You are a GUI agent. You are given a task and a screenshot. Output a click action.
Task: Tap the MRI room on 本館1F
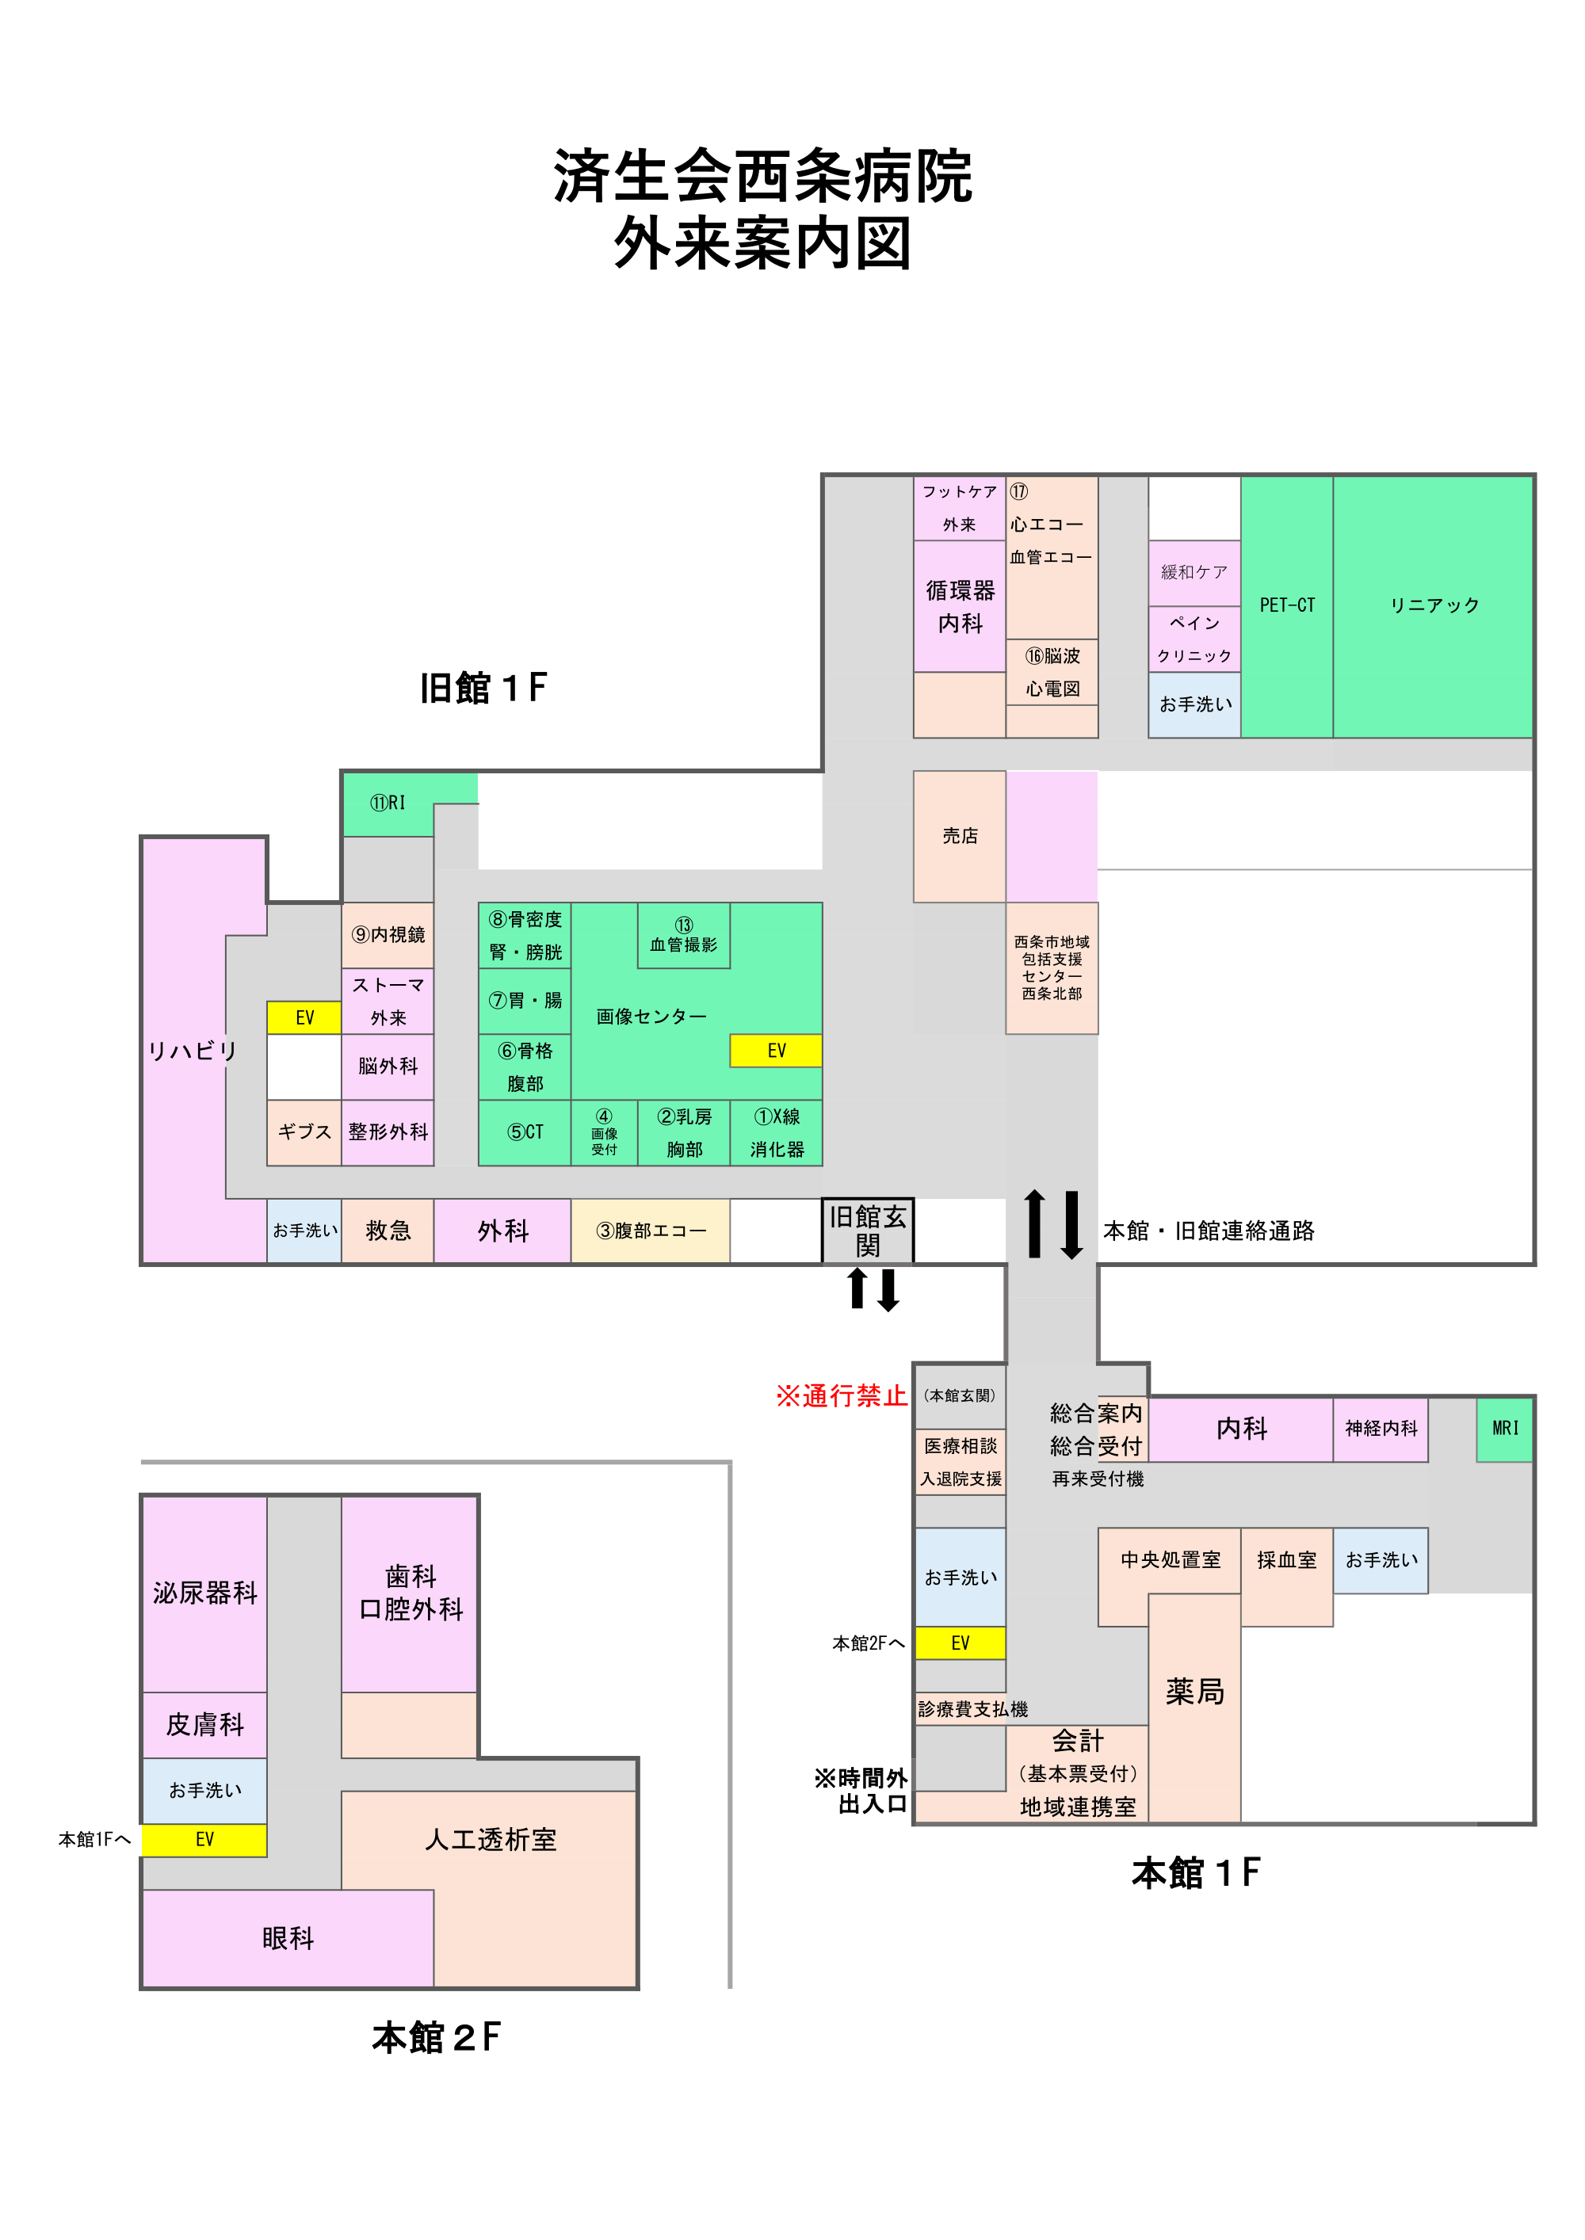coord(1504,1429)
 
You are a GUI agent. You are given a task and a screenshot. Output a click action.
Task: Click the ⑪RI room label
coord(388,803)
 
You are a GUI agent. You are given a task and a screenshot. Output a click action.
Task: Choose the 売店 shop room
coord(960,836)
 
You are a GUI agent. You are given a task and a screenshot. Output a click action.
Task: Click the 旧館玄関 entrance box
coord(868,1231)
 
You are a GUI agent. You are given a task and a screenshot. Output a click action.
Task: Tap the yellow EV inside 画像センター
coord(776,1051)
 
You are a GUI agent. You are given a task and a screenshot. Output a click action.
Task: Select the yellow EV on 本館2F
coord(204,1839)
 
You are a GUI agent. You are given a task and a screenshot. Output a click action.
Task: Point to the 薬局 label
coord(1194,1691)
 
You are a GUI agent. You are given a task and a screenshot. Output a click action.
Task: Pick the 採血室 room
coord(1286,1560)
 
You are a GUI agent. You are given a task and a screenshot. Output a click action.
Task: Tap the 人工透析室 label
coord(490,1839)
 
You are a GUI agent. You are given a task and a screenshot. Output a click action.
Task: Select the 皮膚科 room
coord(204,1724)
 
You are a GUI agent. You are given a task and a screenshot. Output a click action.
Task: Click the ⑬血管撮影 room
coord(683,935)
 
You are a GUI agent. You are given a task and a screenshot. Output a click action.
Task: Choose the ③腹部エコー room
coord(650,1231)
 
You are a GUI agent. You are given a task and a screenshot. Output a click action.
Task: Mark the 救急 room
coord(388,1231)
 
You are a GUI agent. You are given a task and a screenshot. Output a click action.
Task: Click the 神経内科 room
coord(1380,1429)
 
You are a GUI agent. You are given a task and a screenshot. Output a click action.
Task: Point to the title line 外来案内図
coord(762,243)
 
